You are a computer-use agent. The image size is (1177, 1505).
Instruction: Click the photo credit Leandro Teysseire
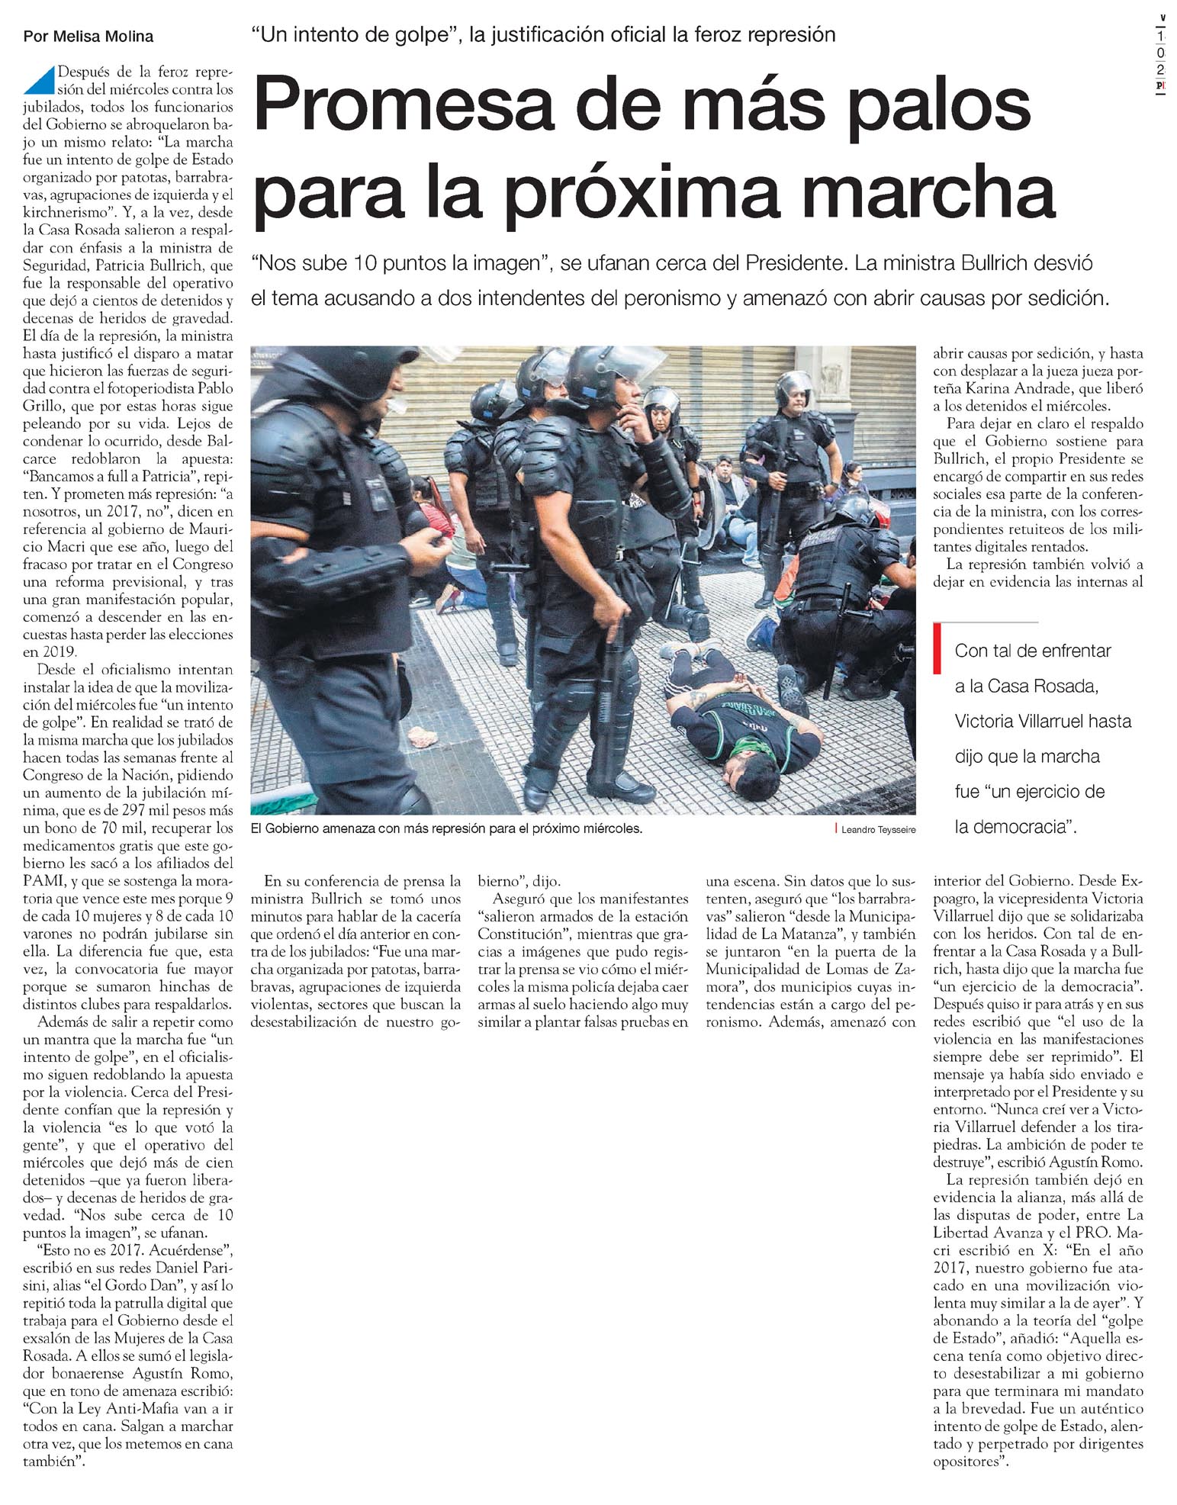(878, 830)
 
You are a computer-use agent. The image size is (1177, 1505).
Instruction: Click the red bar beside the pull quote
(937, 648)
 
